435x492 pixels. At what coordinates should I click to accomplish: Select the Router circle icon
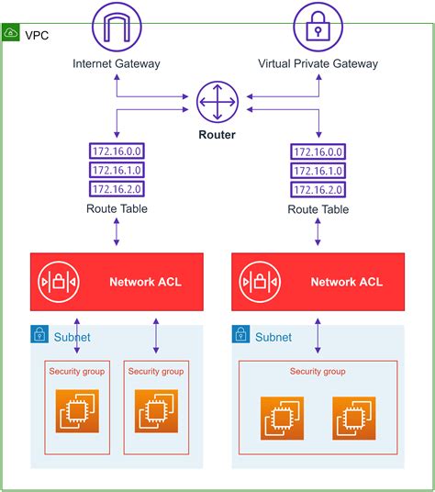217,103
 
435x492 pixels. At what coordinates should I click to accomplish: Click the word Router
217,135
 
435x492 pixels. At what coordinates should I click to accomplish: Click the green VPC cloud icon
11,32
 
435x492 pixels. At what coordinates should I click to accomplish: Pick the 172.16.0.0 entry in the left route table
117,151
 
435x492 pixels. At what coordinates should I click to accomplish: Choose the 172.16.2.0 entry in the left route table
117,188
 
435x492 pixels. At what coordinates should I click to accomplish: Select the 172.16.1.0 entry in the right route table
318,170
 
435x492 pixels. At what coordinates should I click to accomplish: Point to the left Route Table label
117,209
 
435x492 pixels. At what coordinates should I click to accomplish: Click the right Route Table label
318,209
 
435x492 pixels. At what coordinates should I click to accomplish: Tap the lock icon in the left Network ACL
58,282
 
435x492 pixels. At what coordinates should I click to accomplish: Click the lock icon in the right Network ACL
260,282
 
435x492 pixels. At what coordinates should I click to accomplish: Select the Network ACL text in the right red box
346,282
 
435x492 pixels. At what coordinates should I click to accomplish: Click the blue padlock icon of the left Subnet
39,336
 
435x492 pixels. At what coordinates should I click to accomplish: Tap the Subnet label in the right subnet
273,337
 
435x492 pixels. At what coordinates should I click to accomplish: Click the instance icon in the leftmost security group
76,411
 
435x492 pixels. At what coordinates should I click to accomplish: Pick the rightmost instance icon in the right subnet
353,417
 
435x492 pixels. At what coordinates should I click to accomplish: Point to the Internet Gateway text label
117,63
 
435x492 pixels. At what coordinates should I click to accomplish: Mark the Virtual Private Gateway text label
318,63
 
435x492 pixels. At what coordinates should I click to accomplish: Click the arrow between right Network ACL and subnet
318,335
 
